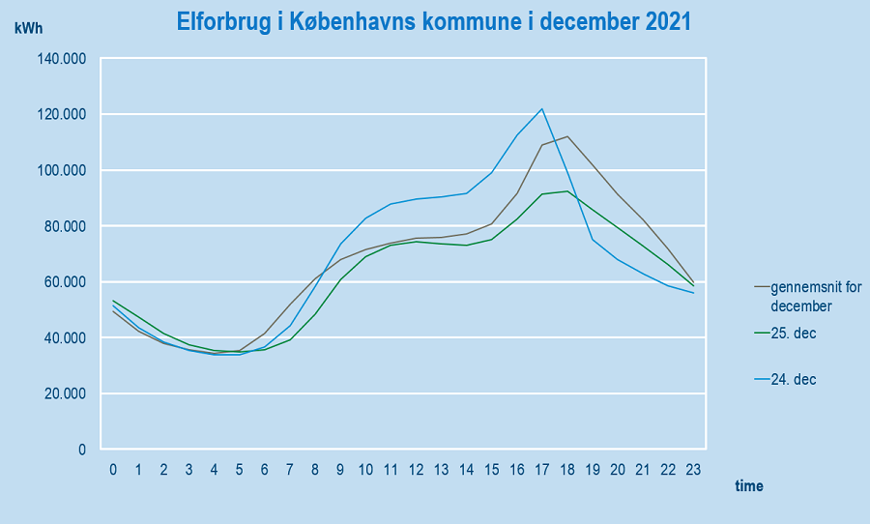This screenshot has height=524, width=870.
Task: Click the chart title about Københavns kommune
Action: point(434,21)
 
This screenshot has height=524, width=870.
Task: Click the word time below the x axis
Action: point(748,486)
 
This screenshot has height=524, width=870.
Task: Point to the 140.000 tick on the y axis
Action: point(62,59)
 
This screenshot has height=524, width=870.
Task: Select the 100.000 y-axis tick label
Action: point(62,170)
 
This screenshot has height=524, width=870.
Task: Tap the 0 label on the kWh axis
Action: point(83,450)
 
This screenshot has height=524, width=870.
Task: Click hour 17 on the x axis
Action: point(542,470)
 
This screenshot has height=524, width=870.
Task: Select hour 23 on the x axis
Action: point(693,470)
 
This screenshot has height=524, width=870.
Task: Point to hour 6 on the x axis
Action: point(265,470)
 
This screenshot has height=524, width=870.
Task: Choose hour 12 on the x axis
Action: point(416,470)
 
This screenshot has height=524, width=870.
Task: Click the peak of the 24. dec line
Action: point(542,109)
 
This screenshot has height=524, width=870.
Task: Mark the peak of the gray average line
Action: point(567,136)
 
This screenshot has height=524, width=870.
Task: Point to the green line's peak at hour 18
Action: point(567,191)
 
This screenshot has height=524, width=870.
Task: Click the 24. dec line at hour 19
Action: point(593,239)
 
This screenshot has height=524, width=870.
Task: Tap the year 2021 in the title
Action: point(663,21)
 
